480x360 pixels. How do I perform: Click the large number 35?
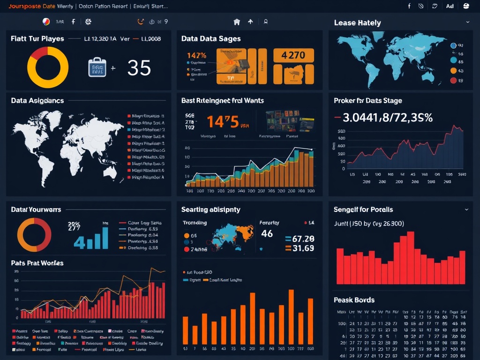(139, 68)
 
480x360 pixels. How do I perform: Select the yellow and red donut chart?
(48, 67)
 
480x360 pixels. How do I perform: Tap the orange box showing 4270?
(293, 55)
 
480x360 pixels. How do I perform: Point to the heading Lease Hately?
(357, 22)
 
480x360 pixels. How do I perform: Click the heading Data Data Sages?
(211, 38)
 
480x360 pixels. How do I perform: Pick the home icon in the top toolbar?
(237, 22)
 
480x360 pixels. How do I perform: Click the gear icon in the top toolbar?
(88, 22)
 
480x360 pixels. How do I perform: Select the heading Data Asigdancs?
(37, 100)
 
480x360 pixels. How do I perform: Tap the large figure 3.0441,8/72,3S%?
(388, 117)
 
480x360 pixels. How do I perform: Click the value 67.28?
(303, 239)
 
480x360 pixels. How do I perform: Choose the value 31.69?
(303, 248)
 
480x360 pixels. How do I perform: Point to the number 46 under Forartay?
(267, 233)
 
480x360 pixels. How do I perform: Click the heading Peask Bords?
(354, 300)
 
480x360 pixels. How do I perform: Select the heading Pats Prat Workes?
(37, 263)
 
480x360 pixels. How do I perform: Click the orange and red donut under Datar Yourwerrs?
(34, 235)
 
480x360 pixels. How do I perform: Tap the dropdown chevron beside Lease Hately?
(467, 22)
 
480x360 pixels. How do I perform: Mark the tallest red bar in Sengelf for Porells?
(411, 258)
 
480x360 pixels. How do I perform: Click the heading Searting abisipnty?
(210, 210)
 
